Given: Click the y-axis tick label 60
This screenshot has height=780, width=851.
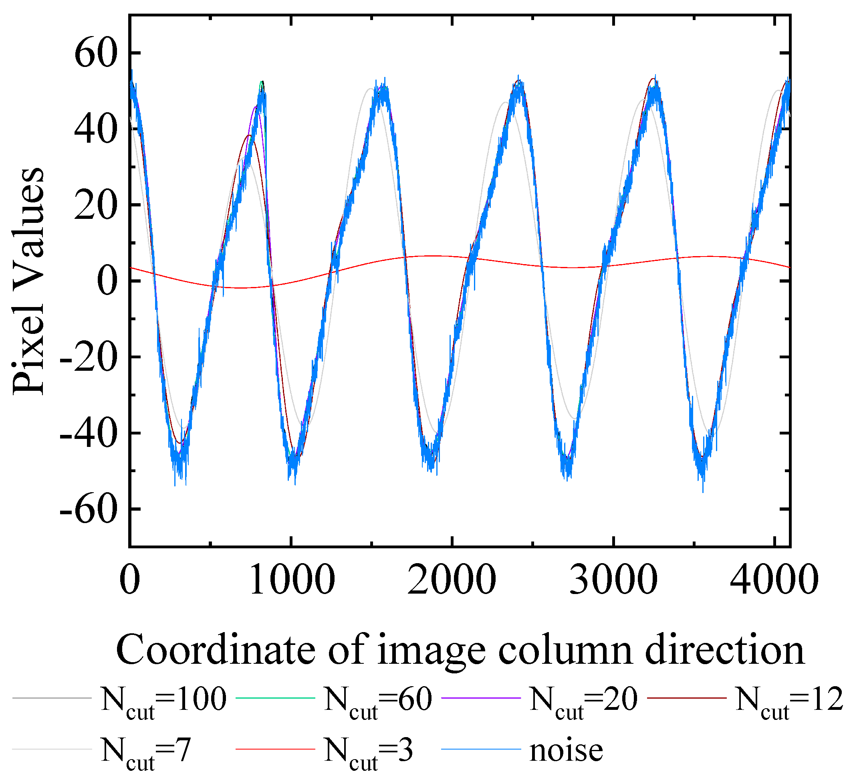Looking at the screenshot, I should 95,54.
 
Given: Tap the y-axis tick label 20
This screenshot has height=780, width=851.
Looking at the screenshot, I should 95,206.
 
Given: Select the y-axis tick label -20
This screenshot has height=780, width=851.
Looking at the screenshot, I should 88,358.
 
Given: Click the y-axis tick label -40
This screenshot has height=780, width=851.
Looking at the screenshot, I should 88,434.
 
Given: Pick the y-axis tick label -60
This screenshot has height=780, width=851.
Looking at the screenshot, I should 88,510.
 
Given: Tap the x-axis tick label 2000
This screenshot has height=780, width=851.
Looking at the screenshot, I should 452,580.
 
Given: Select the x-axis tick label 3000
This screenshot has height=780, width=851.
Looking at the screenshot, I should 613,580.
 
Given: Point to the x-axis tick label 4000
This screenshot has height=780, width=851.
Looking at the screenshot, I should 774,580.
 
